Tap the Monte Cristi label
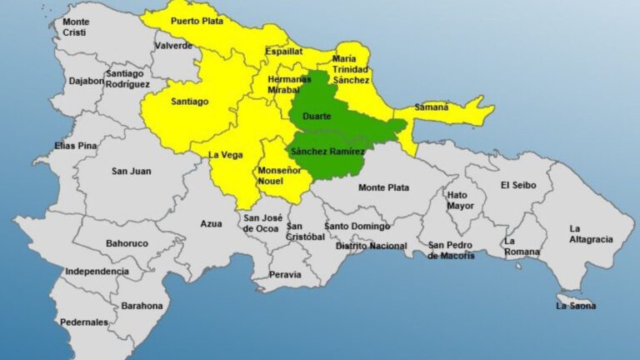[x=76, y=26]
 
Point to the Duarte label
[x=317, y=117]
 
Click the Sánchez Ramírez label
[x=327, y=152]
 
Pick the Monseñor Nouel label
[x=278, y=175]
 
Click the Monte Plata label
[x=383, y=188]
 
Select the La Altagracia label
[x=590, y=234]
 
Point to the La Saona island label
[x=576, y=306]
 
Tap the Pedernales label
[x=84, y=322]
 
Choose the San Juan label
[x=131, y=171]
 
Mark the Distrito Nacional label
[x=371, y=246]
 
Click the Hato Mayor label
[x=460, y=199]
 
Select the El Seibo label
[x=518, y=185]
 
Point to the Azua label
[x=211, y=223]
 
